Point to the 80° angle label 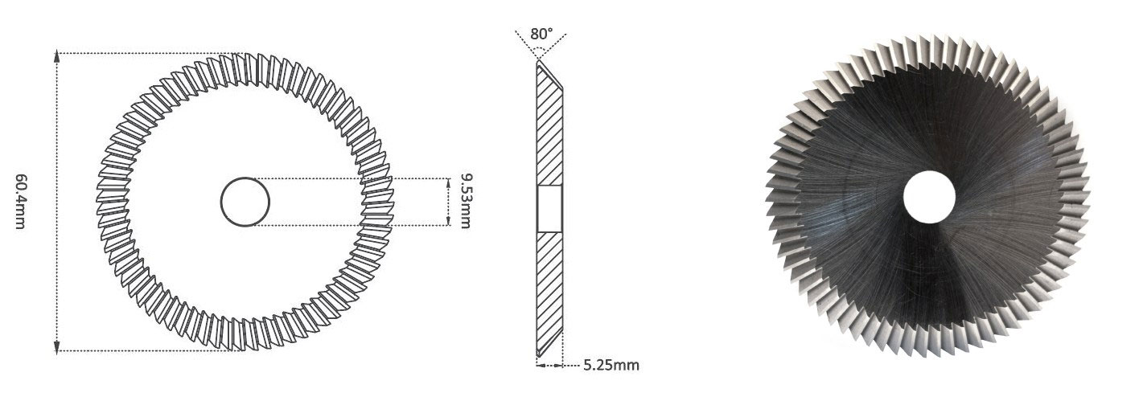click(541, 34)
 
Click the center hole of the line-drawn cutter click(245, 202)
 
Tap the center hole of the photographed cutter click(929, 198)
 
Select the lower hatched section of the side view click(549, 289)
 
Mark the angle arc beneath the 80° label click(541, 49)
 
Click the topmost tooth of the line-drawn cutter click(245, 59)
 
